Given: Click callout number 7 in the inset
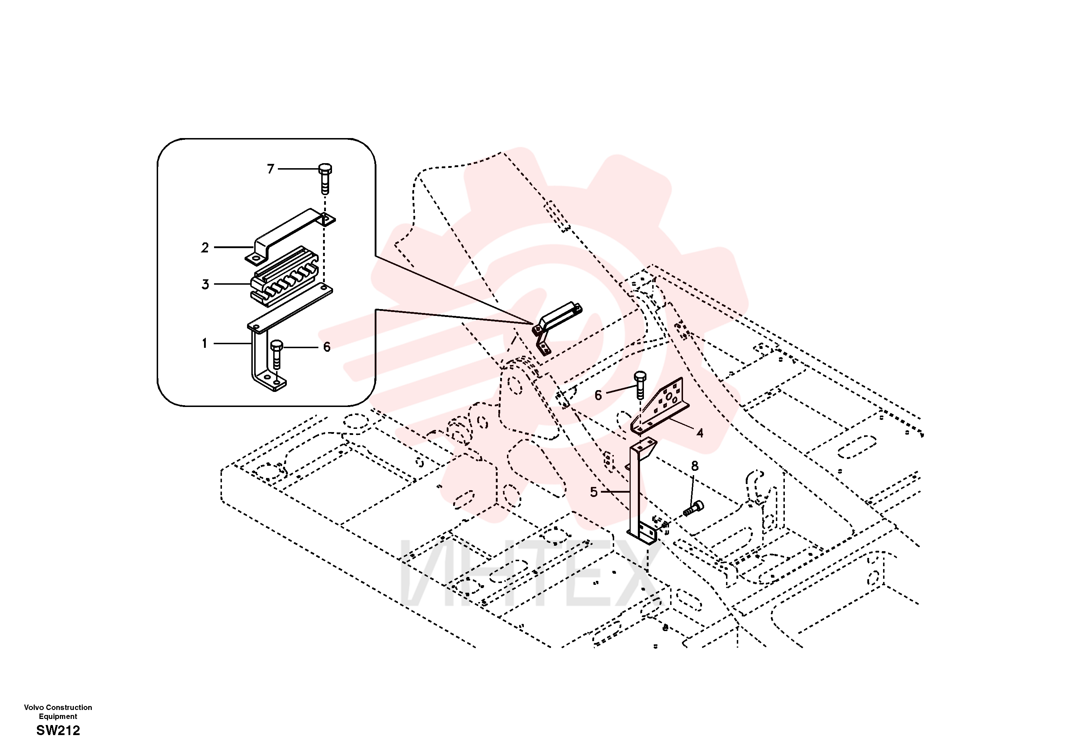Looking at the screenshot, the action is pyautogui.click(x=270, y=169).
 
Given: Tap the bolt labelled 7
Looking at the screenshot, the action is pyautogui.click(x=325, y=179).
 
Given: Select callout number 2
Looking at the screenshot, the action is pyautogui.click(x=205, y=248).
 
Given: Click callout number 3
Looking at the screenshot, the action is pyautogui.click(x=205, y=284).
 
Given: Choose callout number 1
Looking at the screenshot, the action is pyautogui.click(x=204, y=344).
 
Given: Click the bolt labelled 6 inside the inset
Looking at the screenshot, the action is pyautogui.click(x=276, y=354).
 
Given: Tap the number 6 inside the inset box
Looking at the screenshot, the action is pyautogui.click(x=327, y=347).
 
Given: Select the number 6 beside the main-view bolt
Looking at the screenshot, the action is pyautogui.click(x=598, y=396).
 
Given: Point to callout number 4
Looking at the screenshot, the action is pyautogui.click(x=700, y=433).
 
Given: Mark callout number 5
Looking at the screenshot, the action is pyautogui.click(x=593, y=492).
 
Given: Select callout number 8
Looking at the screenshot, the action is pyautogui.click(x=695, y=466).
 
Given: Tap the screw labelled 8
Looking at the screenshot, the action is pyautogui.click(x=693, y=508).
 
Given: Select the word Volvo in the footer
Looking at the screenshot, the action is pyautogui.click(x=34, y=707).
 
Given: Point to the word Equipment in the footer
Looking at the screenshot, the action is pyautogui.click(x=58, y=716).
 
